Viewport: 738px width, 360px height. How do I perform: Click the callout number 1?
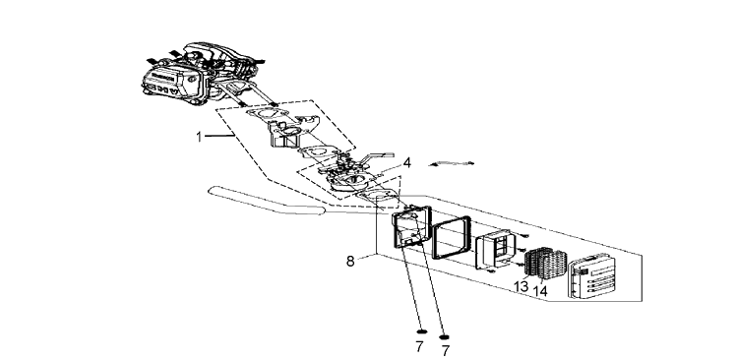pyautogui.click(x=199, y=137)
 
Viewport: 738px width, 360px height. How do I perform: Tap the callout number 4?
pyautogui.click(x=406, y=163)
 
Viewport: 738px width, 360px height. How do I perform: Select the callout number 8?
pyautogui.click(x=350, y=262)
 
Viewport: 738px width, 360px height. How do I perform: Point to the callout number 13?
pyautogui.click(x=521, y=286)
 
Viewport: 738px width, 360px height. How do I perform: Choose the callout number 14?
pyautogui.click(x=540, y=291)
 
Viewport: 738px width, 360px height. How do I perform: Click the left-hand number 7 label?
pyautogui.click(x=419, y=347)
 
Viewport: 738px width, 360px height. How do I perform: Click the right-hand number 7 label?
pyautogui.click(x=445, y=350)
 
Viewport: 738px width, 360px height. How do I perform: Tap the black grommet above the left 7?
pyautogui.click(x=422, y=331)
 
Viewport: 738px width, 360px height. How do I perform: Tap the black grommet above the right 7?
pyautogui.click(x=444, y=336)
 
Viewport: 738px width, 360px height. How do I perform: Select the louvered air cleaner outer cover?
pyautogui.click(x=591, y=276)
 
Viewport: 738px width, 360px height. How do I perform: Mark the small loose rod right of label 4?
pyautogui.click(x=451, y=163)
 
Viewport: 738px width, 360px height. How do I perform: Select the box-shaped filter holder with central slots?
pyautogui.click(x=496, y=249)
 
